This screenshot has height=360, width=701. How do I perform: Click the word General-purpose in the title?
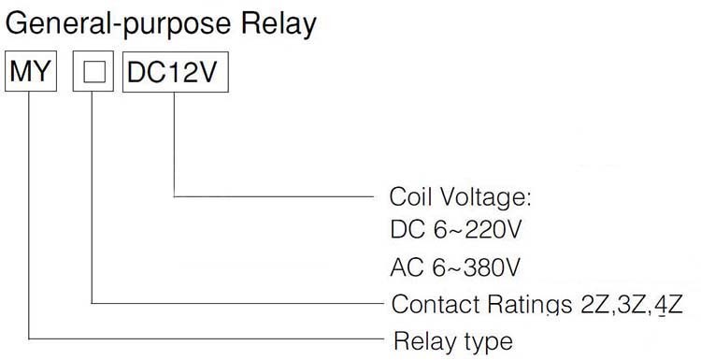click(119, 24)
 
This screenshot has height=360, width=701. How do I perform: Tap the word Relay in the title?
click(279, 24)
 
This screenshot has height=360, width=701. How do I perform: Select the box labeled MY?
click(31, 72)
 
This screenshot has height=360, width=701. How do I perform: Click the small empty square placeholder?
click(94, 72)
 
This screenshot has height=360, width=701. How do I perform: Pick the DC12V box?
click(176, 72)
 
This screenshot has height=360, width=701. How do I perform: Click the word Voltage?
click(486, 197)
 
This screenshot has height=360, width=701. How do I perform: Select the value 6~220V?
click(477, 230)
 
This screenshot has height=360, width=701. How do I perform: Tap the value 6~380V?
click(477, 267)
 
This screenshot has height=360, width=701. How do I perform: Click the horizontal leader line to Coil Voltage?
click(274, 196)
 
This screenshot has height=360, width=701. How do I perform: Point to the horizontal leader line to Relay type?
click(207, 338)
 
